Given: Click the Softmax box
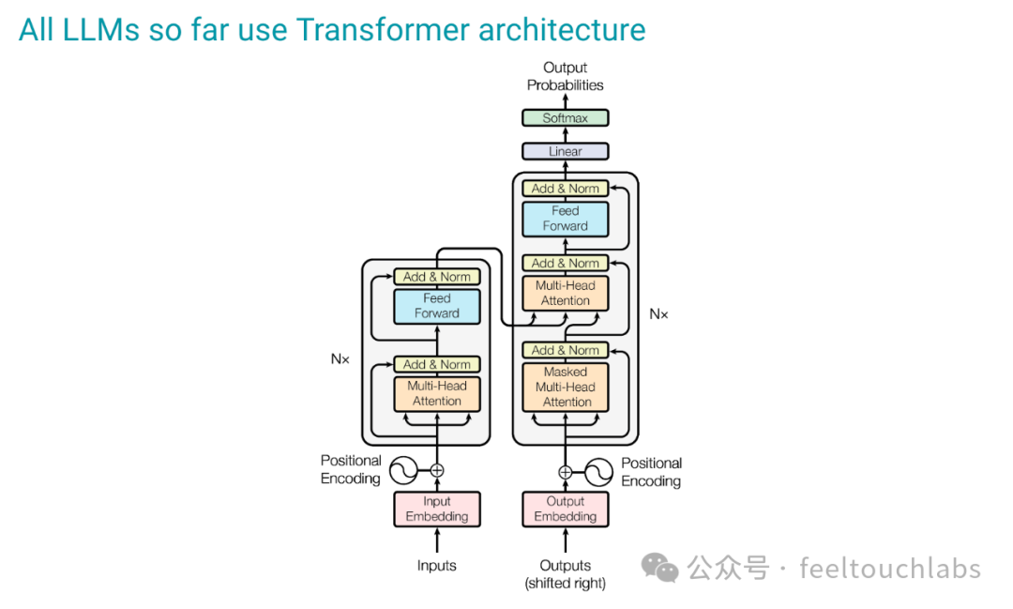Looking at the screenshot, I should point(566,118).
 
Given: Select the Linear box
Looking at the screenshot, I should point(566,151).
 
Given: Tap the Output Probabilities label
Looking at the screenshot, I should point(566,76).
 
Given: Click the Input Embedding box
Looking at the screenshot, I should point(437,509).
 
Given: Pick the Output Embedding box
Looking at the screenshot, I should point(566,509).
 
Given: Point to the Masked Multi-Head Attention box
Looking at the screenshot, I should point(566,387).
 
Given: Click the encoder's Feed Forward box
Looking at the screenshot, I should point(437,306).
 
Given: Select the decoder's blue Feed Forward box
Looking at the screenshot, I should point(566,219).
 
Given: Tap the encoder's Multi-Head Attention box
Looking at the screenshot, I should point(437,393).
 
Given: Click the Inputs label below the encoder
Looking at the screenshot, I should point(437,566).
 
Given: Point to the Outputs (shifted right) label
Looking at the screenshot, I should point(566,573).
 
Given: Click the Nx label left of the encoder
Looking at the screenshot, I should point(340,358).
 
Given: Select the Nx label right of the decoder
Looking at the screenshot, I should point(658,314).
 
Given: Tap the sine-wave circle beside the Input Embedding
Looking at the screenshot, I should point(403,470).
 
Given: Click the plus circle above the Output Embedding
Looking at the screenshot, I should point(566,472).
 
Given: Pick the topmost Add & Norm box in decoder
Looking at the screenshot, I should point(566,189).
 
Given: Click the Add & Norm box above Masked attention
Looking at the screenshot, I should point(566,350).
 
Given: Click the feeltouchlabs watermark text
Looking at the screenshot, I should point(890,569).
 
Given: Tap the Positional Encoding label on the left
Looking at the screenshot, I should point(351,469).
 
